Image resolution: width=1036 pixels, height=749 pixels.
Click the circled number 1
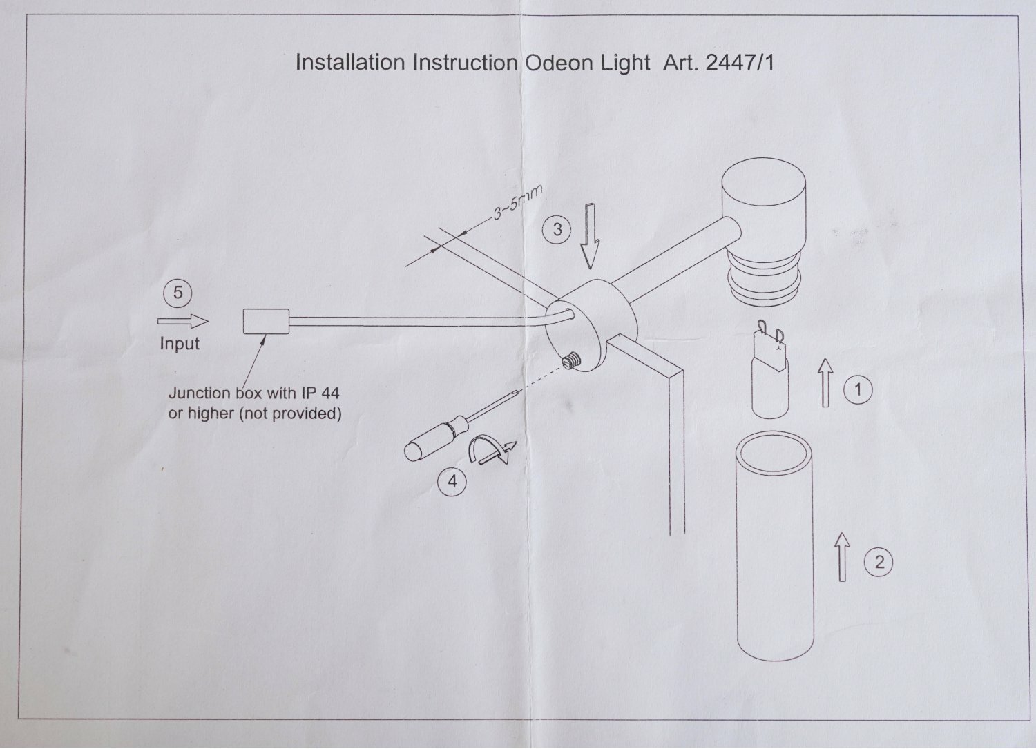point(858,390)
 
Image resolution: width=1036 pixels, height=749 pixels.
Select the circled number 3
point(557,228)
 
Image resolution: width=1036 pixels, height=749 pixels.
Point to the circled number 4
point(452,480)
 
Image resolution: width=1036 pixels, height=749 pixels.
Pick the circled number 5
point(178,293)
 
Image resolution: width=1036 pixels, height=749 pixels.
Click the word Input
point(180,343)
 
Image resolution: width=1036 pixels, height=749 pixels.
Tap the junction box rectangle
point(266,321)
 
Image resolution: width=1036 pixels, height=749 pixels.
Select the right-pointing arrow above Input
point(183,321)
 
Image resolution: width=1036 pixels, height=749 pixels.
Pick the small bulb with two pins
point(771,373)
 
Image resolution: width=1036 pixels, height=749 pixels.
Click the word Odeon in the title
point(555,63)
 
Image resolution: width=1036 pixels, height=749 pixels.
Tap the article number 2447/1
point(740,63)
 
